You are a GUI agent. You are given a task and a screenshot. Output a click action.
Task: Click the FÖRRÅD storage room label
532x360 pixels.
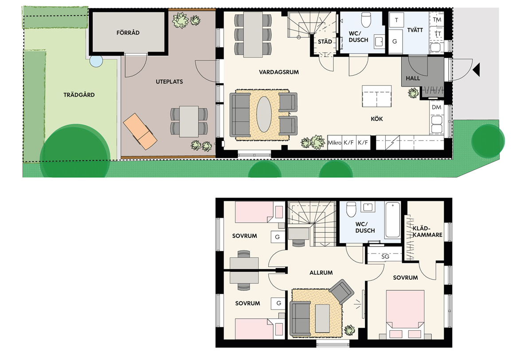point(128,32)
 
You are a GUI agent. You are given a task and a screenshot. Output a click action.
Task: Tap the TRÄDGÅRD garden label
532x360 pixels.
point(79,95)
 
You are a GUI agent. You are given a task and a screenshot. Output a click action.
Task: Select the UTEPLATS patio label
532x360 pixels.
point(169,82)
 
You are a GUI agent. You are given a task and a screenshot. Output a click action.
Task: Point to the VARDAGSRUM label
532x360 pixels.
point(279,72)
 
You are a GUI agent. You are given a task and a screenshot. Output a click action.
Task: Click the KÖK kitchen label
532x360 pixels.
point(377,119)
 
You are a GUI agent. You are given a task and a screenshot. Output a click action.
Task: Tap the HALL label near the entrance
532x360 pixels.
point(413,78)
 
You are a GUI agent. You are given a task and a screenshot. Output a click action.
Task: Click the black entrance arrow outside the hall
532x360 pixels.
point(476,70)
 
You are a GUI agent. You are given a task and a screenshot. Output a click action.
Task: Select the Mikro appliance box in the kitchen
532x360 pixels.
point(335,142)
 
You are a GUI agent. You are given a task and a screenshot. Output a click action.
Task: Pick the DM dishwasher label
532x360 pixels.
point(437,107)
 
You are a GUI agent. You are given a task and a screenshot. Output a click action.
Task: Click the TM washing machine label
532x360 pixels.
point(437,20)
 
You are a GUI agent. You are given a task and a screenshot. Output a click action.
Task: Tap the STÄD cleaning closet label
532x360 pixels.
point(325,42)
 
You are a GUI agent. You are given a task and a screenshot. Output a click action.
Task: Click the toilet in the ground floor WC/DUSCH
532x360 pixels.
point(366,20)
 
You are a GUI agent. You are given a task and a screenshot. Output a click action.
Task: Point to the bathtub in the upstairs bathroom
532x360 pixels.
point(393,219)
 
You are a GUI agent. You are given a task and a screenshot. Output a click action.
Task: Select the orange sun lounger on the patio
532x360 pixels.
point(140,131)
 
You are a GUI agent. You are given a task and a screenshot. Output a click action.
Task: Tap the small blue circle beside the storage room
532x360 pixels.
point(96,61)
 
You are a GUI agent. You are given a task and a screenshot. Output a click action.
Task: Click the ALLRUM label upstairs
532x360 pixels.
point(321,273)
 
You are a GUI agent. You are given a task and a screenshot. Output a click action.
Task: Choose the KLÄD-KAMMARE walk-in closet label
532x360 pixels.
point(427,231)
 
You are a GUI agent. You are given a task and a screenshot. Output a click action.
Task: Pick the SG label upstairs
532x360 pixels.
point(385,257)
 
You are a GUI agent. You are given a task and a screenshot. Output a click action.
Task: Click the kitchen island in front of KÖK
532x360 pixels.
point(377,96)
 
